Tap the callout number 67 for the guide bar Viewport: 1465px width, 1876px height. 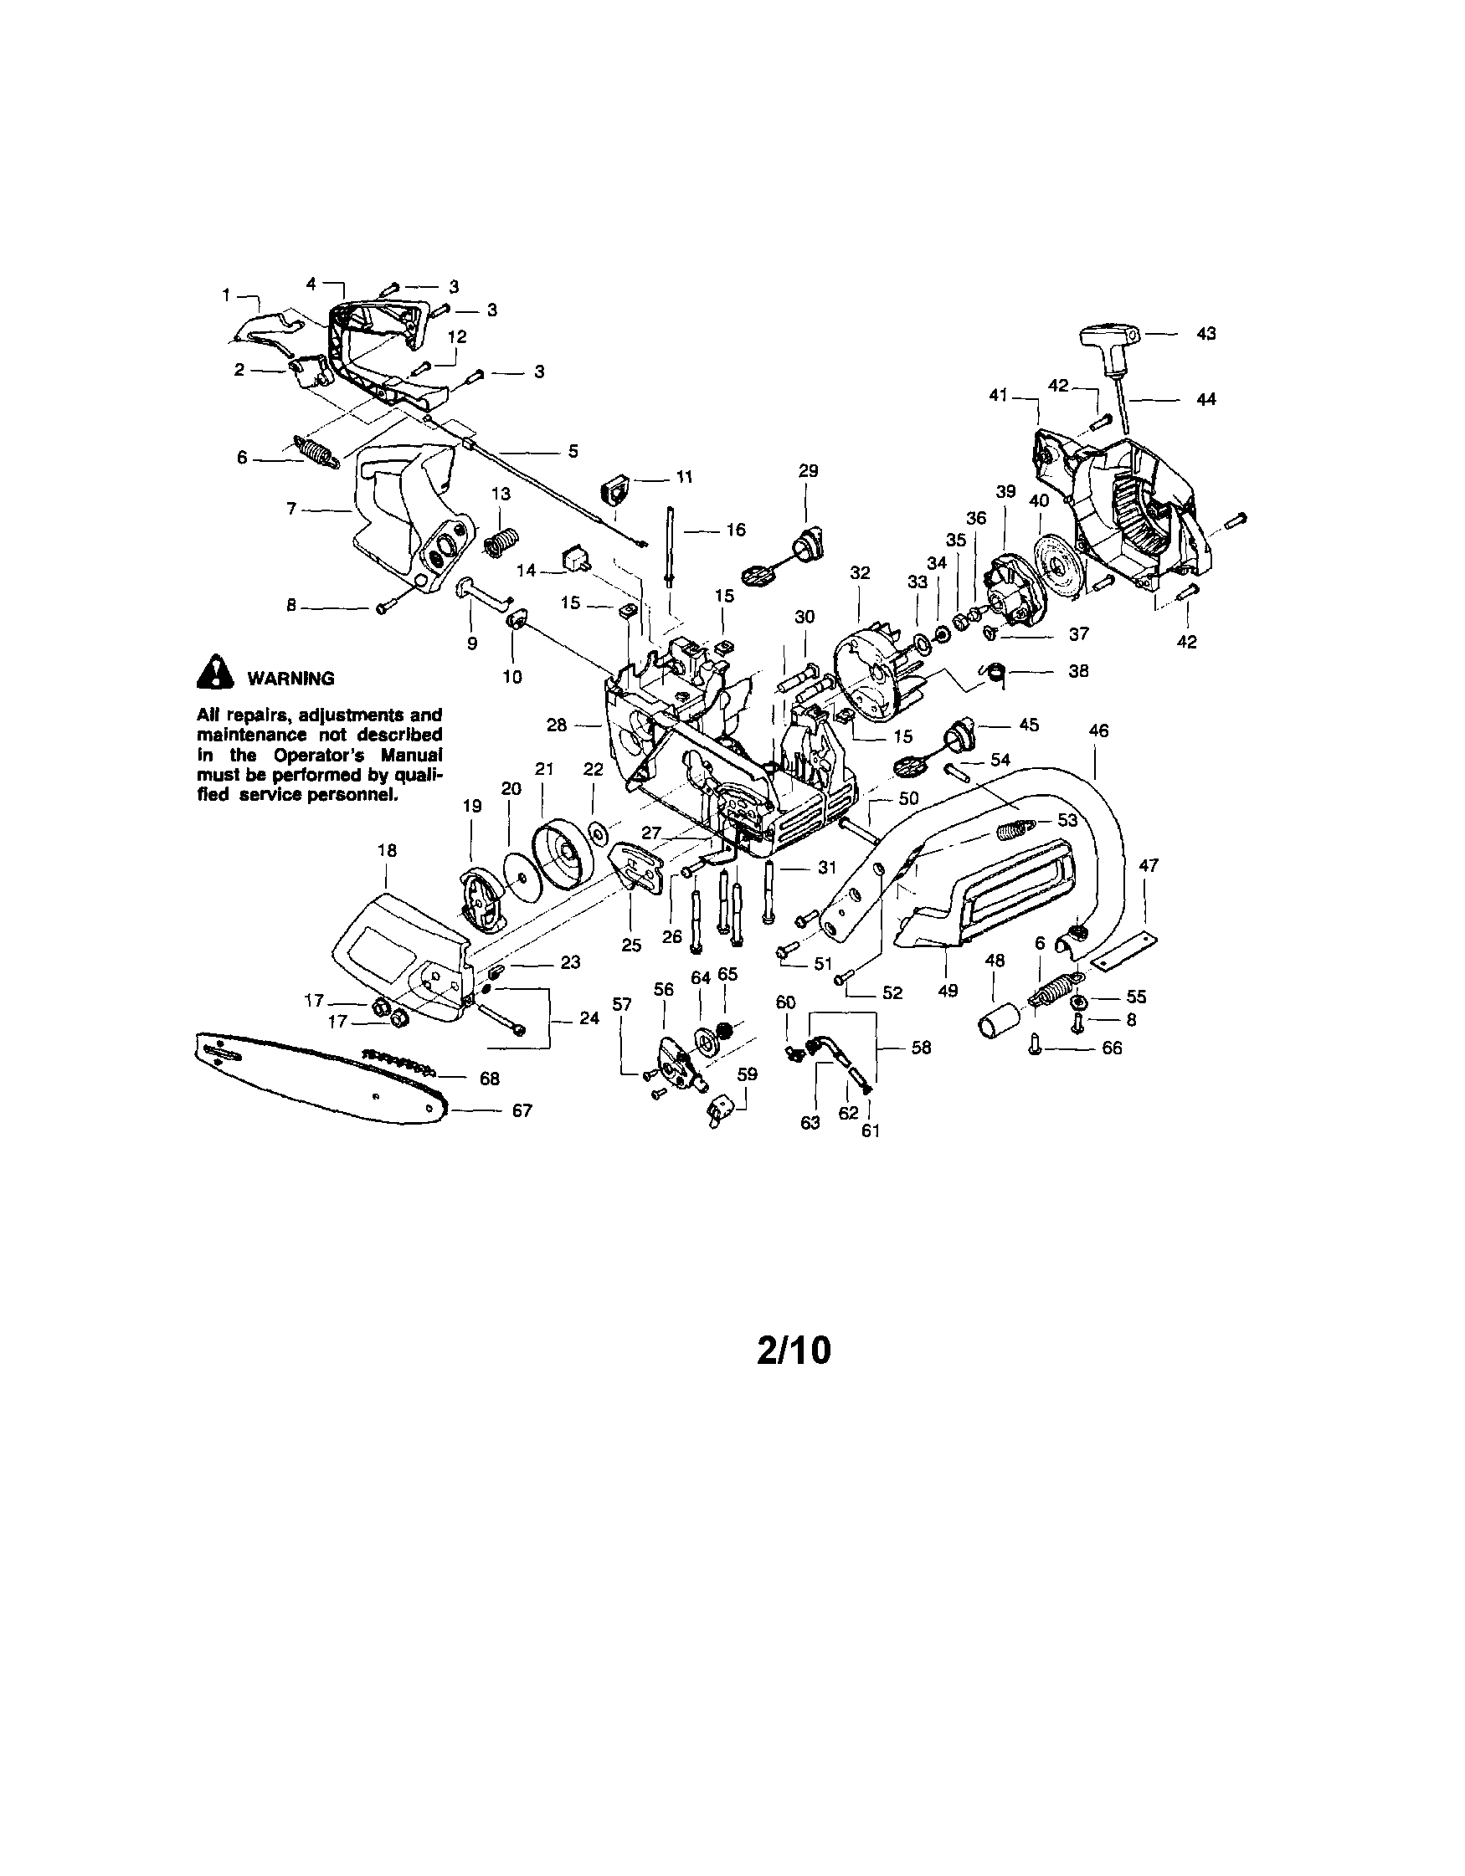tap(522, 1110)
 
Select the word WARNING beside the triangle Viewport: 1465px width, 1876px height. tap(290, 679)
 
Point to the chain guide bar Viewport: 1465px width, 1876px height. tap(318, 1078)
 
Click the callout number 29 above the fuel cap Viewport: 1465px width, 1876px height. tap(808, 471)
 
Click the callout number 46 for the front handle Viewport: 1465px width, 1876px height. tap(1098, 730)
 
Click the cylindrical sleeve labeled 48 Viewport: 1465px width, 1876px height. tap(1000, 1022)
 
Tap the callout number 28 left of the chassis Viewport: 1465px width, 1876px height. tap(557, 725)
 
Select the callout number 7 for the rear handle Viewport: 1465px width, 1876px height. tap(291, 510)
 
